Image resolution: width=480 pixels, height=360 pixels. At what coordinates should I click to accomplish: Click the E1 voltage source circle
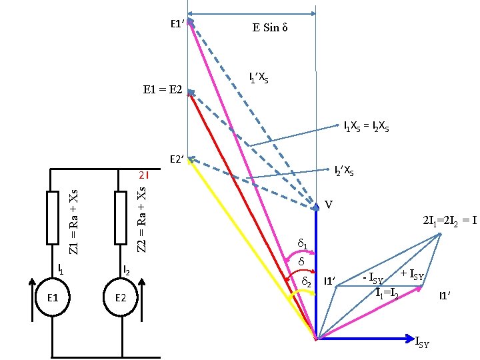pyautogui.click(x=52, y=297)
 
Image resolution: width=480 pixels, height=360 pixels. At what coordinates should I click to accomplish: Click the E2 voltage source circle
pyautogui.click(x=121, y=297)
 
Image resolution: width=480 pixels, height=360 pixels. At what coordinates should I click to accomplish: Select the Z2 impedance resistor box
pyautogui.click(x=121, y=217)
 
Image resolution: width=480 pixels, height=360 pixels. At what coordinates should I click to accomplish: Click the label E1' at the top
pyautogui.click(x=177, y=24)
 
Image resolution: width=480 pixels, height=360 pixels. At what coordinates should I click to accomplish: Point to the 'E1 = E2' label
pyautogui.click(x=164, y=89)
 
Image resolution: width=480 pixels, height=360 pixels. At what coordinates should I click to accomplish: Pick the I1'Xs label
pyautogui.click(x=259, y=78)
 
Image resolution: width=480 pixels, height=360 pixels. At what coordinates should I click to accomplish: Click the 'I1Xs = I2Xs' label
pyautogui.click(x=367, y=126)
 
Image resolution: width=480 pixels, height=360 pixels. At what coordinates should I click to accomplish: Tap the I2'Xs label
pyautogui.click(x=344, y=171)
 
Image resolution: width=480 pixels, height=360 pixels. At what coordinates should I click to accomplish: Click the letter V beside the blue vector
pyautogui.click(x=329, y=204)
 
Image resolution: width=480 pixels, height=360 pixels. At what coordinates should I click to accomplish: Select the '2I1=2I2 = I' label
pyautogui.click(x=449, y=221)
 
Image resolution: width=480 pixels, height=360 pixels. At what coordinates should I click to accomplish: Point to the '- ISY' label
pyautogui.click(x=372, y=278)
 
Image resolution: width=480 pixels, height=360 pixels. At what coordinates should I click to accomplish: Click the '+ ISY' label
pyautogui.click(x=413, y=273)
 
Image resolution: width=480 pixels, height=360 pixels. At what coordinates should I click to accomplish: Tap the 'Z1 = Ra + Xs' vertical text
pyautogui.click(x=75, y=215)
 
